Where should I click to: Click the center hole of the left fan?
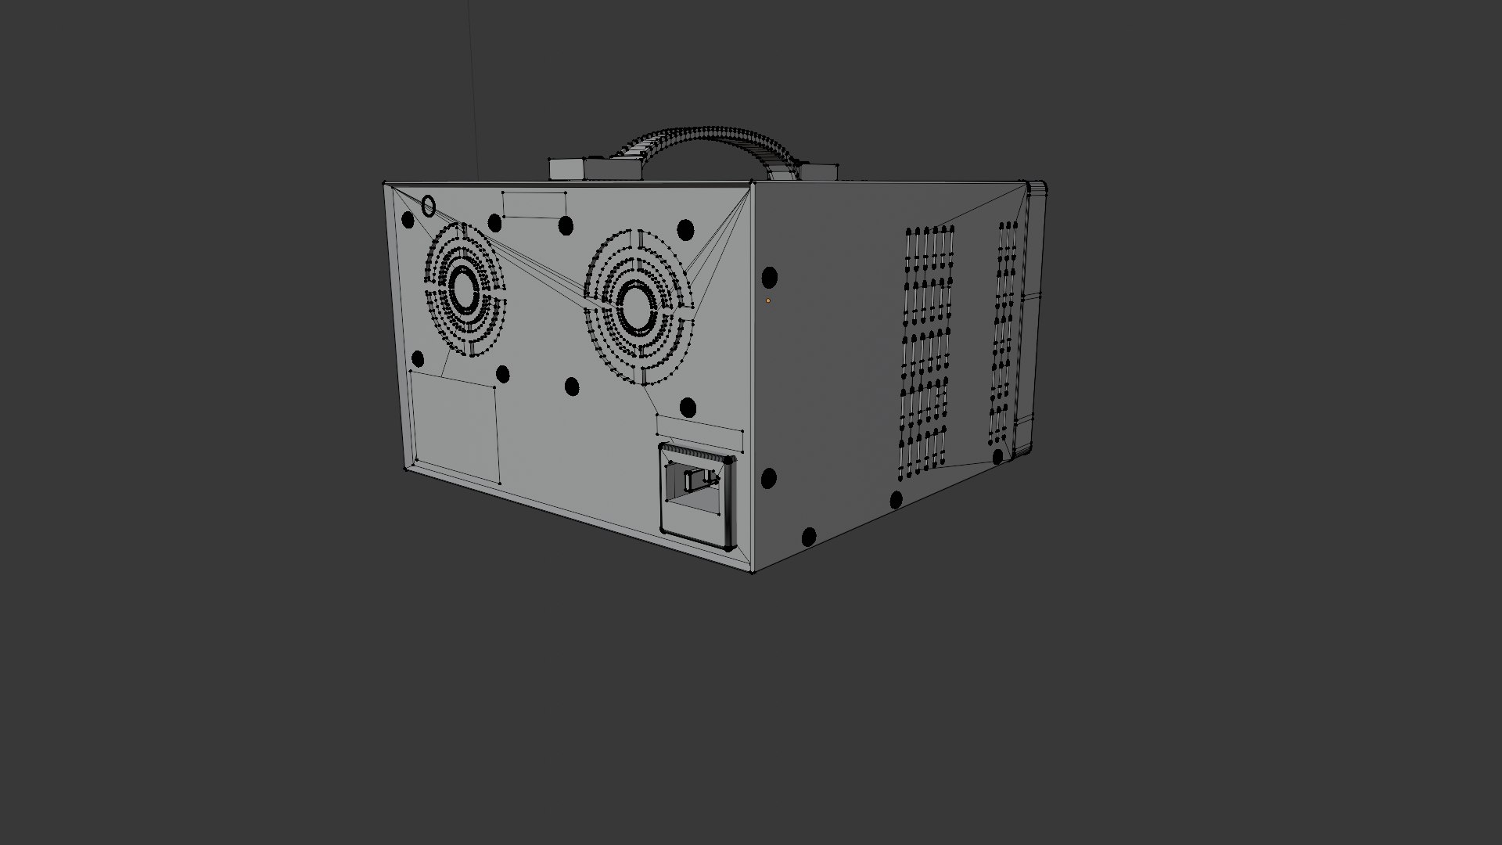click(464, 289)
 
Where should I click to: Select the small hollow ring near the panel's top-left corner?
click(428, 207)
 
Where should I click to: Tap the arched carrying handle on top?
click(704, 138)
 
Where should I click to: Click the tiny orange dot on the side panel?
click(768, 300)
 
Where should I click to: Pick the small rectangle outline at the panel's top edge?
click(534, 205)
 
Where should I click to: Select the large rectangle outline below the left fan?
click(455, 426)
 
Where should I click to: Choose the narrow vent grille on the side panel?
click(1005, 333)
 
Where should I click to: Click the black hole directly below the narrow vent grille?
click(997, 457)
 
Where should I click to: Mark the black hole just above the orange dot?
click(769, 277)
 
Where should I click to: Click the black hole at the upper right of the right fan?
click(685, 229)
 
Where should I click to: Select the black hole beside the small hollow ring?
click(408, 221)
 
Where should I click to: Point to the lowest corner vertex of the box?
click(753, 572)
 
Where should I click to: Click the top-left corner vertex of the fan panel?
click(384, 185)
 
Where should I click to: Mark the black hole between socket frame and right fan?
click(688, 407)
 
